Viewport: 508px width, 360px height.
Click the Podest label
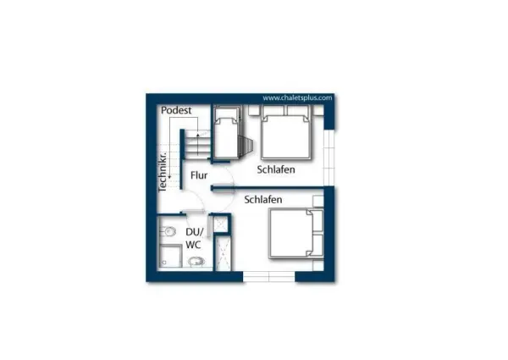point(176,110)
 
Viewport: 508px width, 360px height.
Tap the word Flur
point(199,175)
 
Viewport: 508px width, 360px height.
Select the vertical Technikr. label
point(163,171)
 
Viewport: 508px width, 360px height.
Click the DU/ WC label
point(195,238)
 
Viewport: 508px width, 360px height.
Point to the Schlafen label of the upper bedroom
point(276,169)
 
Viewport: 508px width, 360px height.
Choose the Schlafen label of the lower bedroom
point(263,199)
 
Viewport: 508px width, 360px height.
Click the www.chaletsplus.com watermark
point(297,98)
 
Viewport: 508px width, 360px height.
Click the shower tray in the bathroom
point(170,256)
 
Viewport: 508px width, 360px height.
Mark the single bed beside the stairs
point(227,134)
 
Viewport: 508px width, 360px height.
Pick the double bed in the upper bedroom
point(286,132)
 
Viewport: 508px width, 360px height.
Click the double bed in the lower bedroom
point(296,234)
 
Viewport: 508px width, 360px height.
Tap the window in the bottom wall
point(269,276)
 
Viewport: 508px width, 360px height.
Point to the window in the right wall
point(329,158)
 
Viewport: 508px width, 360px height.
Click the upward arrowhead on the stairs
point(198,133)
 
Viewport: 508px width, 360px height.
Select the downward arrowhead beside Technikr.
point(169,176)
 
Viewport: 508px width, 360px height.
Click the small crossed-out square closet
point(221,224)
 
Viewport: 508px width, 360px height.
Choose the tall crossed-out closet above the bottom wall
point(223,253)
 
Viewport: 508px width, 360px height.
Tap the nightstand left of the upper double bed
point(253,110)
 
